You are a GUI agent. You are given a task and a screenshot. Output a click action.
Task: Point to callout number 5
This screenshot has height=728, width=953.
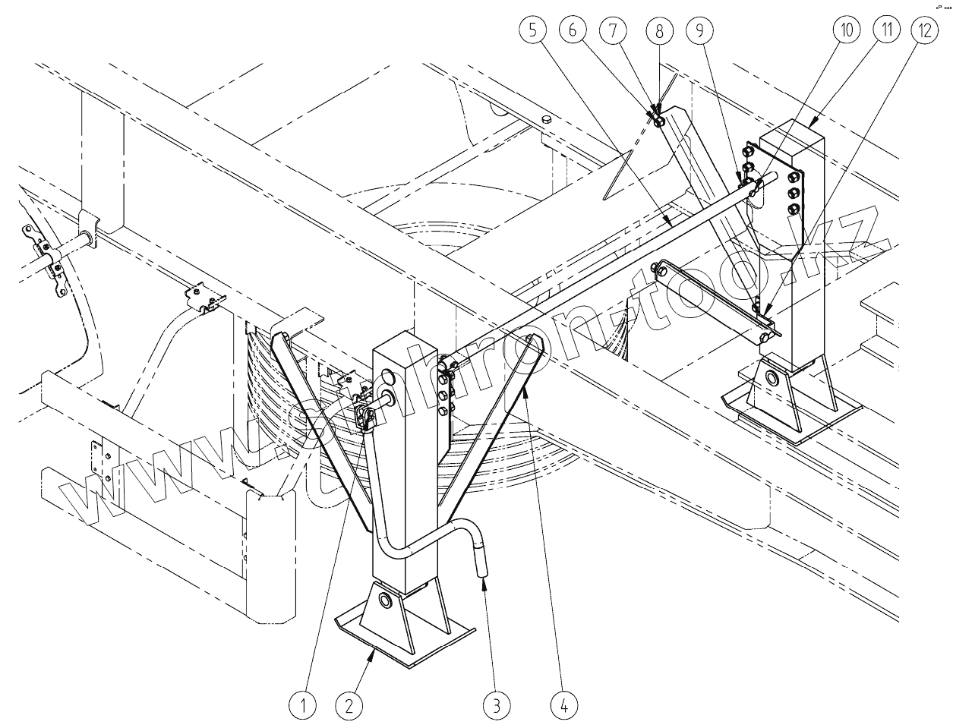(533, 31)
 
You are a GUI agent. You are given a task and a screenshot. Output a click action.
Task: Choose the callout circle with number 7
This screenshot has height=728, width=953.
(617, 31)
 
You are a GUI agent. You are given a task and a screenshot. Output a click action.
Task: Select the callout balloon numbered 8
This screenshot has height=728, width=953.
(659, 31)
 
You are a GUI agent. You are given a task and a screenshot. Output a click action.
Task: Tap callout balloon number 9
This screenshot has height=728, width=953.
(699, 31)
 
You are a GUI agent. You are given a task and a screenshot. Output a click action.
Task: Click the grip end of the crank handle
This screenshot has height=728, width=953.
(484, 562)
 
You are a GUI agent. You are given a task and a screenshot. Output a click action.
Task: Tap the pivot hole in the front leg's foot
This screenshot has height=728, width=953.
(384, 601)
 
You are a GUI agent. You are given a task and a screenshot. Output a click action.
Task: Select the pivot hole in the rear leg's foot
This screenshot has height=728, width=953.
(775, 379)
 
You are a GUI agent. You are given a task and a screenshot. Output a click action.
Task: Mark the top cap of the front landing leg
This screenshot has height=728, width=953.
(402, 340)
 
